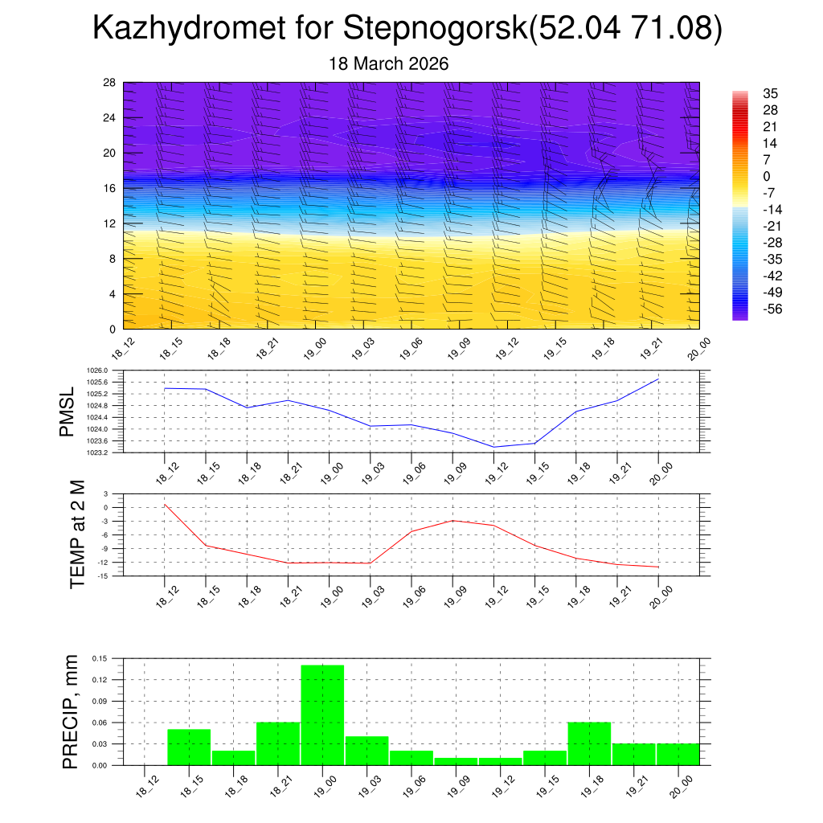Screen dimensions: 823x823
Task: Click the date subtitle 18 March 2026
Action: coord(389,63)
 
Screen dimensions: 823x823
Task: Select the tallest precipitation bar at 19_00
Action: coord(323,714)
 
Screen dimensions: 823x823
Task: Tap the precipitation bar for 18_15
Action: coord(190,747)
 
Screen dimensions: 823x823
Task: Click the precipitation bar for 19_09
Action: coord(456,761)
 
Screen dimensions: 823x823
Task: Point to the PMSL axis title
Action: coord(70,411)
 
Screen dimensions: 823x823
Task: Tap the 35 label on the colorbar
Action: coord(770,94)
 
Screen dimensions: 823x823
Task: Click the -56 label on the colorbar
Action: coord(773,309)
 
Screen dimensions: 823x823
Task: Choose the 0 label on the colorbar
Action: coord(767,176)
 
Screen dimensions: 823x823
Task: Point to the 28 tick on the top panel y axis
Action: coord(110,83)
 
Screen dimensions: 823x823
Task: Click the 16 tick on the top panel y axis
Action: coord(110,188)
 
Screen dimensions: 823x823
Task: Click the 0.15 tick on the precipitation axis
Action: coord(99,658)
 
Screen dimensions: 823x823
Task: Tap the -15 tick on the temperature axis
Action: coord(104,575)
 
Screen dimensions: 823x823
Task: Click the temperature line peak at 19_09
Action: coord(452,521)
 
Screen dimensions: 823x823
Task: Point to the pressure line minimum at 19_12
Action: coord(493,447)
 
